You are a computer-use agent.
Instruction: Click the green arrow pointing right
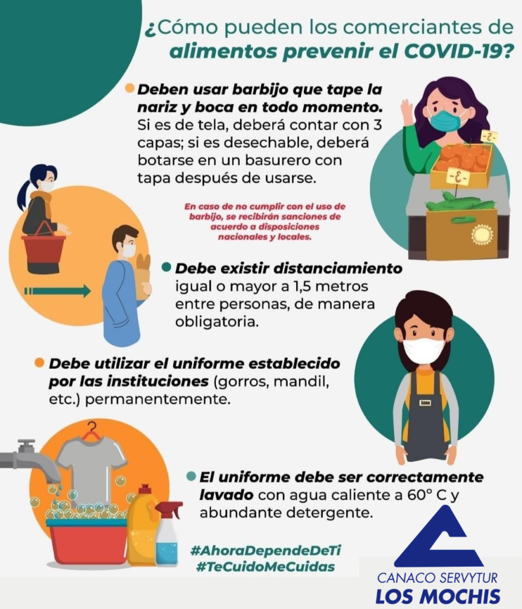point(58,291)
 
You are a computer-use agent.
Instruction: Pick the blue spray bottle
point(168,534)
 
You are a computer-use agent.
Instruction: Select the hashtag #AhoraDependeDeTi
point(266,550)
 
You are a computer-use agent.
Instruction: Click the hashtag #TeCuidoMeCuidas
point(266,567)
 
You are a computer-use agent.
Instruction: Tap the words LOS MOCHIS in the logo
point(438,597)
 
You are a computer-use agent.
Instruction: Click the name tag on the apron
point(425,403)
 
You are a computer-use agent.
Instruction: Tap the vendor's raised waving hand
point(407,110)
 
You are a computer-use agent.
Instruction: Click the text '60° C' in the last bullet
point(429,495)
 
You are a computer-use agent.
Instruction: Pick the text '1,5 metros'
point(331,286)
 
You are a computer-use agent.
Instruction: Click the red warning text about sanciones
point(265,221)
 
